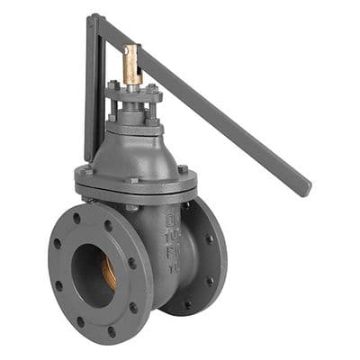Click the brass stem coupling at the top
131,65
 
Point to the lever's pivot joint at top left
94,21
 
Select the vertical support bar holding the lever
90,90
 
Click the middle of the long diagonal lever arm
207,106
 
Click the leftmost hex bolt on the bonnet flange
88,171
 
